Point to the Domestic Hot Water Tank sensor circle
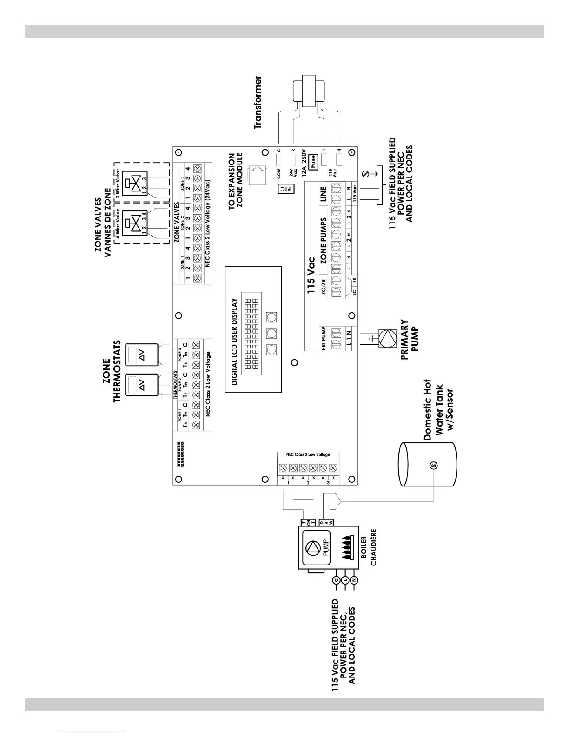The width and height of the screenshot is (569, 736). pyautogui.click(x=433, y=465)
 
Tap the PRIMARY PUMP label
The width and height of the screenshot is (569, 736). pyautogui.click(x=409, y=335)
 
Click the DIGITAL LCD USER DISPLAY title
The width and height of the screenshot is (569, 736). pyautogui.click(x=235, y=342)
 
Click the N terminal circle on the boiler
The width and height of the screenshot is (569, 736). pyautogui.click(x=354, y=580)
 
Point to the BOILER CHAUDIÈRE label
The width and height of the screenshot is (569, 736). pyautogui.click(x=370, y=548)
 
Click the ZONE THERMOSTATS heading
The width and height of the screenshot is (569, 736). pyautogui.click(x=111, y=372)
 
